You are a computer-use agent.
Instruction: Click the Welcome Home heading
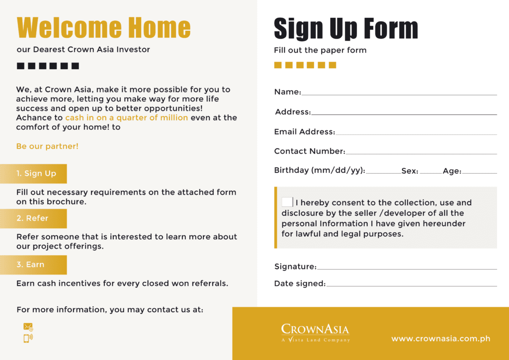(x=103, y=28)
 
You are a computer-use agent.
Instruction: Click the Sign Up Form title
(x=345, y=29)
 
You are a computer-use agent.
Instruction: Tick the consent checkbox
(x=287, y=202)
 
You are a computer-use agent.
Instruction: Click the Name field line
(x=399, y=93)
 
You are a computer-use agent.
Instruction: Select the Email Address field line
(x=416, y=133)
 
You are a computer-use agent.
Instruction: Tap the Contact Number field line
(x=421, y=153)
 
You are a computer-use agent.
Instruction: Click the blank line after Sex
(x=430, y=172)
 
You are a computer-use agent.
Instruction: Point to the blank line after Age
(x=479, y=172)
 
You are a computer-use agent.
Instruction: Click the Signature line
(x=407, y=268)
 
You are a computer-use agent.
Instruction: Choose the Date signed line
(x=412, y=285)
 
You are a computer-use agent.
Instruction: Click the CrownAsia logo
(x=315, y=333)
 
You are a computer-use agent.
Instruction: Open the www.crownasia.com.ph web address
(x=441, y=339)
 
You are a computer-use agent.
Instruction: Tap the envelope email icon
(x=28, y=327)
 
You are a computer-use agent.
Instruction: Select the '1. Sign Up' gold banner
(x=33, y=174)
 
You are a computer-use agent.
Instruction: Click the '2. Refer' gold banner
(x=33, y=218)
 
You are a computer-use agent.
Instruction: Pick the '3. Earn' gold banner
(x=33, y=265)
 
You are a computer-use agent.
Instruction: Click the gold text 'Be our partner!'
(x=47, y=146)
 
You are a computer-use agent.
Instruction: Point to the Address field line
(x=404, y=113)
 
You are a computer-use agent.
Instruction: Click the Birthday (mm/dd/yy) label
(x=320, y=171)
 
